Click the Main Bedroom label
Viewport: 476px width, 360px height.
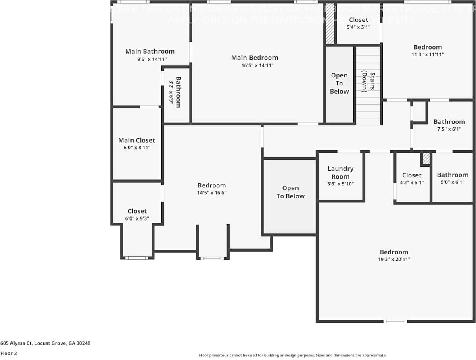(x=255, y=58)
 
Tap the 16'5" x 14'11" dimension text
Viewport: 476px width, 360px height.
(x=255, y=65)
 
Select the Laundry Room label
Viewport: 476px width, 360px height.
(x=340, y=173)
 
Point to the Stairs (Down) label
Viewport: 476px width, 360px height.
(x=368, y=82)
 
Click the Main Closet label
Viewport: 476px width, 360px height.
(x=136, y=140)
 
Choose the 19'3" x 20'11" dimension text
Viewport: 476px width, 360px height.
(x=394, y=260)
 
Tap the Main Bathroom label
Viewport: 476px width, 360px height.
(x=150, y=51)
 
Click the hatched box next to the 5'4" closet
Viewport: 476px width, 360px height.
(x=330, y=23)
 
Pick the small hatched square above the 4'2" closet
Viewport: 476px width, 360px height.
(x=426, y=158)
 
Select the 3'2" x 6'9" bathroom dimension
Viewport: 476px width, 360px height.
(x=171, y=93)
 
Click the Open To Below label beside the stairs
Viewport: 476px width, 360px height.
(x=339, y=83)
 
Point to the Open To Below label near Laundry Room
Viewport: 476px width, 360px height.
(x=290, y=192)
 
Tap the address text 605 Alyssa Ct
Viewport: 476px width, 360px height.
(x=45, y=343)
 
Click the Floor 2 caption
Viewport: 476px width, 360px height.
(x=8, y=353)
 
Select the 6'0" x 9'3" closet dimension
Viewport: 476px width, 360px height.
(x=137, y=219)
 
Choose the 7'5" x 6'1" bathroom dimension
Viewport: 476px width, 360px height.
(x=449, y=129)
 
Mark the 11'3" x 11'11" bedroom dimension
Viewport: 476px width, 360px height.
(x=428, y=54)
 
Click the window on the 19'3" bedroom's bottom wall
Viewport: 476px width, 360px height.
(x=395, y=321)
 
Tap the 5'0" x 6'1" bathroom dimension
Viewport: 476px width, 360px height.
(x=453, y=182)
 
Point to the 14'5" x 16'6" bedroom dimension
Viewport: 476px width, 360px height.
(x=212, y=193)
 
